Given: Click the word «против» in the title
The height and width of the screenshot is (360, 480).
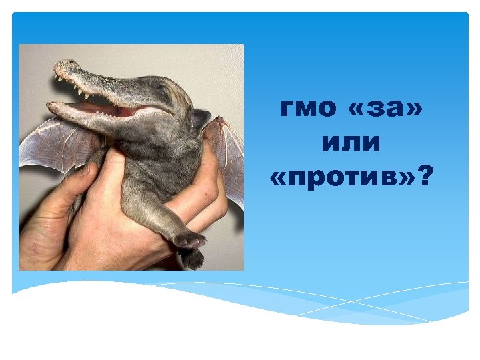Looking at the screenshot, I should [x=344, y=176].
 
